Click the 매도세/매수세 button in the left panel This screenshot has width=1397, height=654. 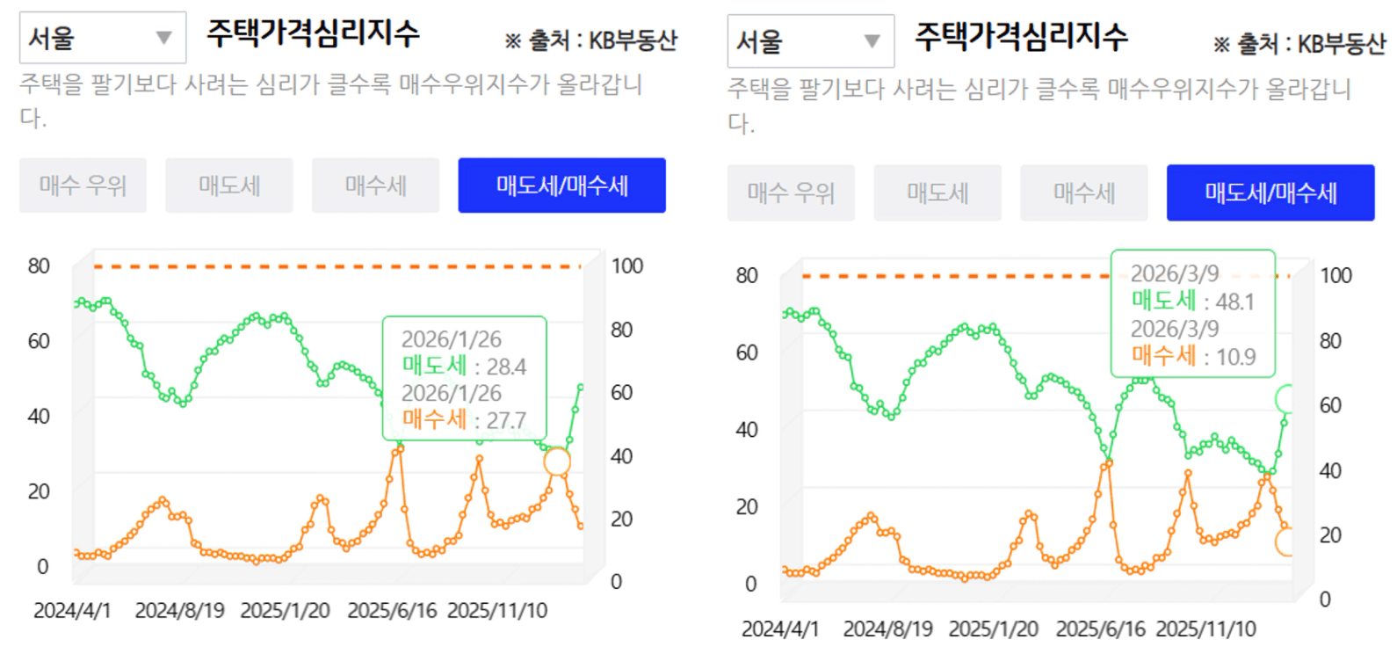point(561,185)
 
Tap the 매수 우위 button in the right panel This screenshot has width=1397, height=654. point(791,193)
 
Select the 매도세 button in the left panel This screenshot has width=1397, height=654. point(229,185)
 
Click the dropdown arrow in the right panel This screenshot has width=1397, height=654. point(872,41)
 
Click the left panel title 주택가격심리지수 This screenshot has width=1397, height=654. point(313,33)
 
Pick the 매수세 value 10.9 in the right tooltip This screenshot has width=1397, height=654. point(1235,357)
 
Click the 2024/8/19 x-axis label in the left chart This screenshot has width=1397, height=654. point(179,610)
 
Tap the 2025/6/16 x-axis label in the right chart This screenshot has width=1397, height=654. point(1100,629)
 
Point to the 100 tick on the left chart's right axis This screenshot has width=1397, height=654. point(627,265)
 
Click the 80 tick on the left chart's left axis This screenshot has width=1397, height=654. point(39,265)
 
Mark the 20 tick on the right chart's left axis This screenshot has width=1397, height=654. point(747,506)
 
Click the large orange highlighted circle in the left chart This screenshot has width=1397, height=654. point(557,461)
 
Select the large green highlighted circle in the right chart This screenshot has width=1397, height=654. point(1288,399)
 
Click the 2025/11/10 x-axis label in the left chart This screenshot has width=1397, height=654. point(497,610)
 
